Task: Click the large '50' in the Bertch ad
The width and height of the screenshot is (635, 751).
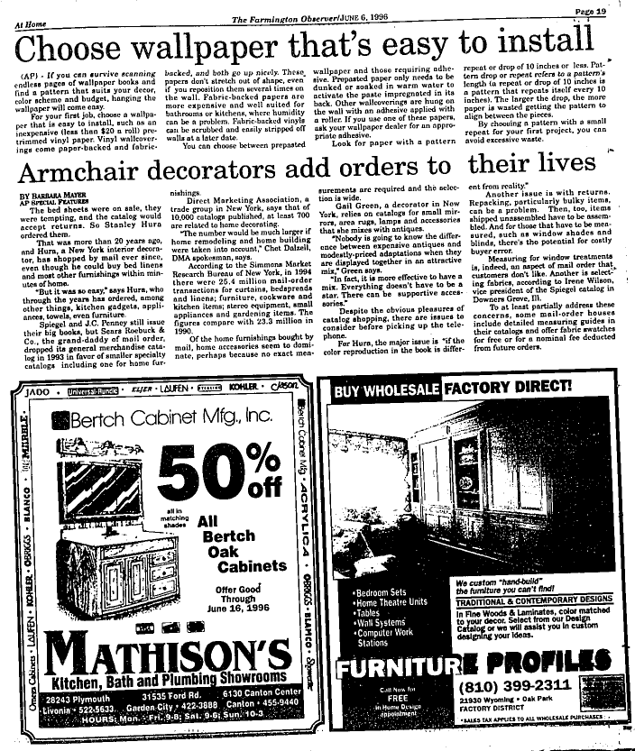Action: pyautogui.click(x=208, y=465)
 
